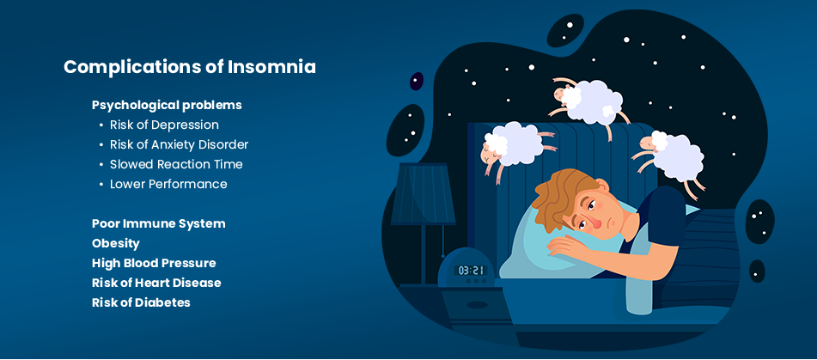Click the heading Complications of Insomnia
click(x=190, y=68)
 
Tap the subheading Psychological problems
click(x=167, y=105)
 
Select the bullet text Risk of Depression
click(x=164, y=125)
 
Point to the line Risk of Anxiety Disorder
click(x=179, y=145)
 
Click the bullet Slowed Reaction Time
click(x=176, y=165)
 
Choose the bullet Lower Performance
click(x=168, y=184)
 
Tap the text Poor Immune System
click(x=158, y=224)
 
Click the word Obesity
click(x=116, y=244)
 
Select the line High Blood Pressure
click(x=154, y=263)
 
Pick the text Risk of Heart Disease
click(x=156, y=283)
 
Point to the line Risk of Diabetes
click(x=141, y=302)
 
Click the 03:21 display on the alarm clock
click(x=470, y=271)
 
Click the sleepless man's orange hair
click(x=563, y=195)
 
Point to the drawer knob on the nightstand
click(x=477, y=305)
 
